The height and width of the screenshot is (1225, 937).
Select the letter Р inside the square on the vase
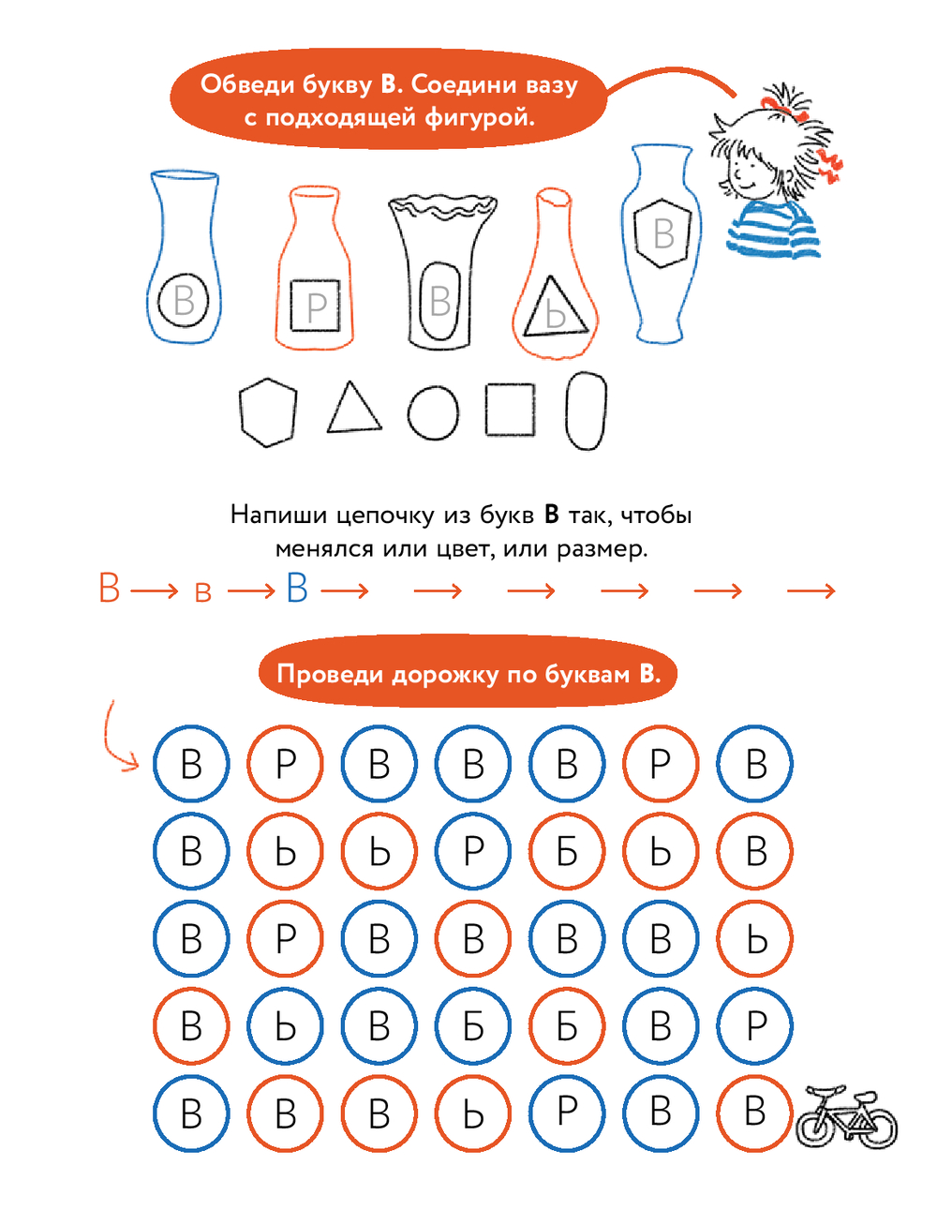pos(317,306)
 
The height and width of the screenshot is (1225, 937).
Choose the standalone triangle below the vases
pos(354,407)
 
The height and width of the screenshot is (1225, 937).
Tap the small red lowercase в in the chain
pos(203,593)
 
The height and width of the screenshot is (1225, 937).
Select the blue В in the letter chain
pos(297,588)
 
